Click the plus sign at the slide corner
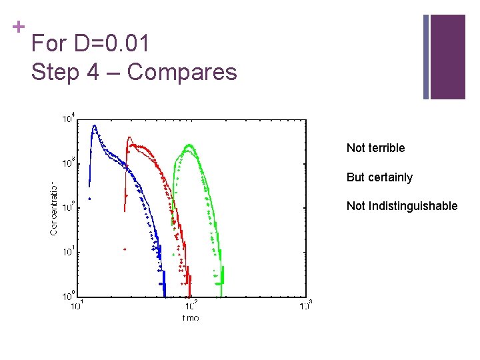tap(18, 27)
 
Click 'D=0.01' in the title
tap(111, 45)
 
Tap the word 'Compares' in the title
tap(182, 71)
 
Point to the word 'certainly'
tap(389, 177)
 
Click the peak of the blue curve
tap(95, 125)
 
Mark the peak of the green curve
tap(189, 145)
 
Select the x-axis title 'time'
tap(191, 317)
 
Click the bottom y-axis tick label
tap(69, 294)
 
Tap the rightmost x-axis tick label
tap(306, 306)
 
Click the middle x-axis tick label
tap(191, 306)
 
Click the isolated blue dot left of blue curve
tap(89, 198)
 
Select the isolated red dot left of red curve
tap(125, 249)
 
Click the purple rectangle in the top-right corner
tap(447, 57)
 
